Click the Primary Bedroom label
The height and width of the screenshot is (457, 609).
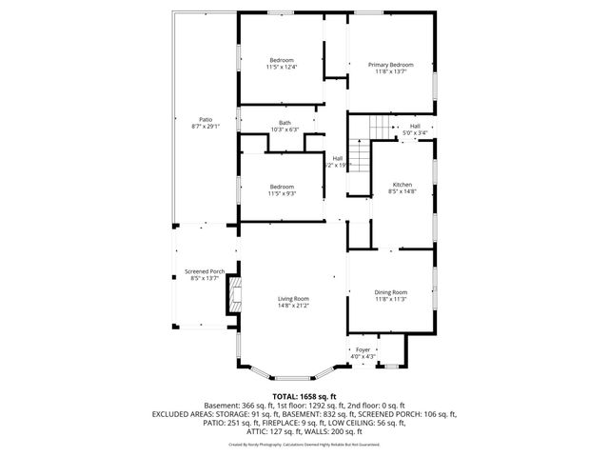point(390,64)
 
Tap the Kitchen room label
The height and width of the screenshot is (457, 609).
point(403,184)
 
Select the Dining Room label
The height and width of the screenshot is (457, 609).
point(390,291)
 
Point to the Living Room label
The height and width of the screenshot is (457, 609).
point(293,298)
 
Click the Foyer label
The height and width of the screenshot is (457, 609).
point(363,349)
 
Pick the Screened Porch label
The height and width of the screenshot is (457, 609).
point(205,272)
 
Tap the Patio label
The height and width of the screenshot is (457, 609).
point(206,119)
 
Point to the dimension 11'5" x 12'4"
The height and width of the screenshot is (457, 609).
point(282,67)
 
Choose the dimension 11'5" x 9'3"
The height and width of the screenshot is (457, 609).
point(282,193)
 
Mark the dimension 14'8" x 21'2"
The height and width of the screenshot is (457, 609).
point(293,306)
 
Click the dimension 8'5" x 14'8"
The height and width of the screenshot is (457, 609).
point(403,191)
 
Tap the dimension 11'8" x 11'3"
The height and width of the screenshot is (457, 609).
point(390,299)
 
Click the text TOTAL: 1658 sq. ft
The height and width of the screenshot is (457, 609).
point(304,395)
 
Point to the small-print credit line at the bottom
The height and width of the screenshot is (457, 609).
point(304,443)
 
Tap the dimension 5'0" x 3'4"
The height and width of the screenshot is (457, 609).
point(415,132)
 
